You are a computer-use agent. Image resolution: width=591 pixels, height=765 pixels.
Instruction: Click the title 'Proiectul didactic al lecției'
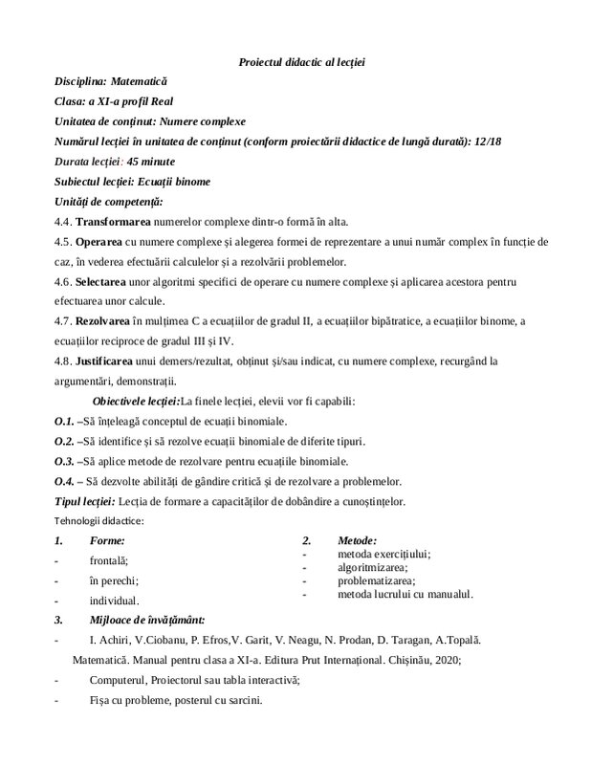point(301,62)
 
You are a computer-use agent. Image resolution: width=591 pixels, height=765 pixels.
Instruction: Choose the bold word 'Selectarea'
point(107,283)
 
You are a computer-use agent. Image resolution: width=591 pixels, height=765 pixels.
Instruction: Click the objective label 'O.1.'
point(64,421)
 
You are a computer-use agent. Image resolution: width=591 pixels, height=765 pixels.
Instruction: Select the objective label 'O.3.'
point(64,461)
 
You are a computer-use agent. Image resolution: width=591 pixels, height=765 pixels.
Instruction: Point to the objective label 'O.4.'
point(64,481)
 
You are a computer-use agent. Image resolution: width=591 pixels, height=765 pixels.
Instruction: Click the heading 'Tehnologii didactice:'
point(99,521)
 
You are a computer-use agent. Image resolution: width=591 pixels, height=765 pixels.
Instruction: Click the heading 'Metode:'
point(351,541)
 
